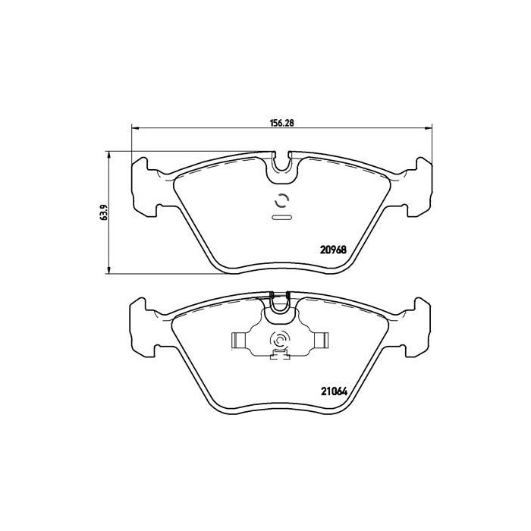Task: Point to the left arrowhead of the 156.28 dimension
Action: pyautogui.click(x=135, y=127)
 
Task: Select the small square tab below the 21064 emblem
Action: pyautogui.click(x=281, y=354)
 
